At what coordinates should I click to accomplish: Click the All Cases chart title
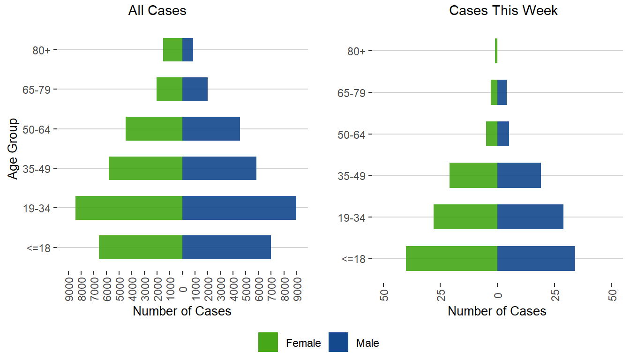[x=157, y=11]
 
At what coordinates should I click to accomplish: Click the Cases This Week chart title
[x=503, y=11]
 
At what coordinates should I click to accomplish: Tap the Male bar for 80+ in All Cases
[x=187, y=50]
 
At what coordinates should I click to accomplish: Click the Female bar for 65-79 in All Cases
[x=169, y=89]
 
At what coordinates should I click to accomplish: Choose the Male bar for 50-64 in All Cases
[x=211, y=128]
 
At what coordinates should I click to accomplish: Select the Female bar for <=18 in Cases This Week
[x=451, y=258]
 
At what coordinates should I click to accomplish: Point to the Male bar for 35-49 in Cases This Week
[x=519, y=175]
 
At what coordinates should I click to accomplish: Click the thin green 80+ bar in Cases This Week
[x=496, y=51]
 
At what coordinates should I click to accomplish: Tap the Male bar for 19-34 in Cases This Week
[x=530, y=217]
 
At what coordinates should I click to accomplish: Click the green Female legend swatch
[x=268, y=342]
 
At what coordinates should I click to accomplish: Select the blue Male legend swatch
[x=338, y=342]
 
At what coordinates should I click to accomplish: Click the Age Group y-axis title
[x=13, y=148]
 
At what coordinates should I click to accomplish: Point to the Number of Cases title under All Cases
[x=182, y=311]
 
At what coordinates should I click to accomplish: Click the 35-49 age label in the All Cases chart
[x=39, y=168]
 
